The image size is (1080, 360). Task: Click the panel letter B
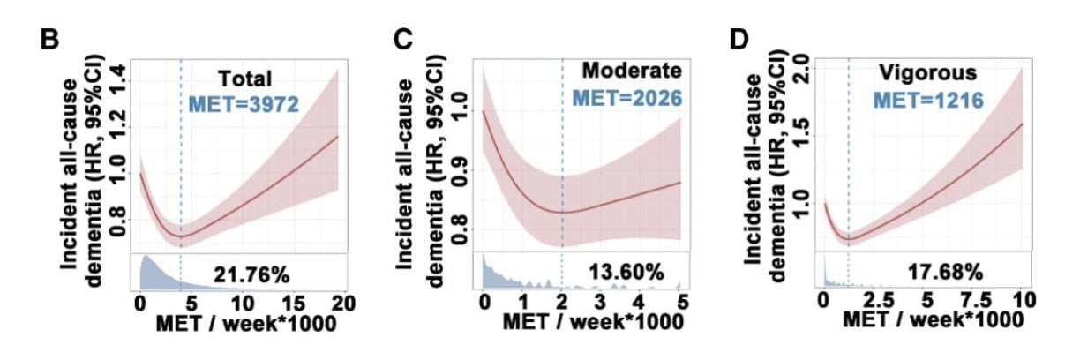51,41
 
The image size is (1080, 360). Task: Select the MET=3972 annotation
244,106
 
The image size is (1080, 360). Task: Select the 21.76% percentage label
244,274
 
